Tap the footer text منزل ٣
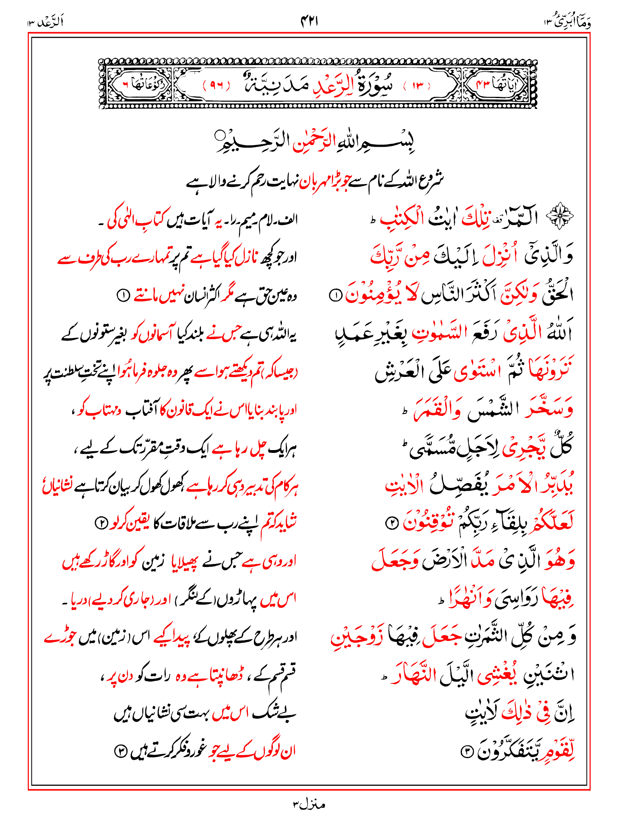tap(309, 804)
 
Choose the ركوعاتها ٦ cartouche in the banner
tap(137, 85)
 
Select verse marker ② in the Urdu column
tap(101, 523)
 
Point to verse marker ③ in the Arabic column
tap(466, 751)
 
